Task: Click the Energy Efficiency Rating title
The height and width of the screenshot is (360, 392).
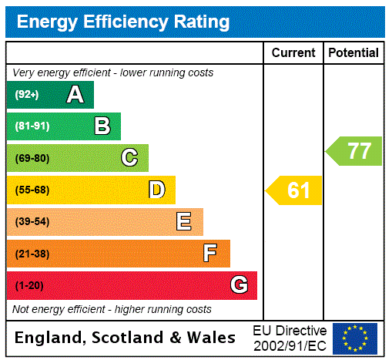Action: [123, 22]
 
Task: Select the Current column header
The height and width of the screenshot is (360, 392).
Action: [293, 53]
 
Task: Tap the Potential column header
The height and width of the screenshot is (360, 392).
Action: [353, 53]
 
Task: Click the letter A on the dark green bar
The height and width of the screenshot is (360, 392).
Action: [75, 95]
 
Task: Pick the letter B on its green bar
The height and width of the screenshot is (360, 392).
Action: [102, 126]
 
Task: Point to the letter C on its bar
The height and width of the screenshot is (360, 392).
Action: [129, 158]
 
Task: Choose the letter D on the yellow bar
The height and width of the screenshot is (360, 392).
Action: [157, 190]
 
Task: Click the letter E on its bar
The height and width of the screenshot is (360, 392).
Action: [184, 222]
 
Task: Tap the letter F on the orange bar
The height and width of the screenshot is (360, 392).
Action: [210, 254]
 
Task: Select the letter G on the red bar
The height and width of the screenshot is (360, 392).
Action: [239, 285]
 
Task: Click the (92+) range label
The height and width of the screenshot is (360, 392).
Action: [27, 95]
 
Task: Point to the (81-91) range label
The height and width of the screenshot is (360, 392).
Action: [32, 126]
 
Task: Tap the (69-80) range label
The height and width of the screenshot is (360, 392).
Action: [32, 158]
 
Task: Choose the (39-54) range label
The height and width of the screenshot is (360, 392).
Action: [32, 222]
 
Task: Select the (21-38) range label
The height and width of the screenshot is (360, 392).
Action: [32, 254]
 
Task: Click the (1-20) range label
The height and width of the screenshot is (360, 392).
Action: [29, 286]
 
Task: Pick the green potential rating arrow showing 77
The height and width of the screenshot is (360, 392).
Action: [355, 151]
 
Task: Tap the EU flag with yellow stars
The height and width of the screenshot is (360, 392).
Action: [355, 338]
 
